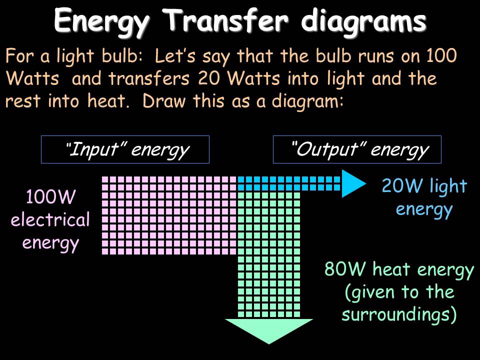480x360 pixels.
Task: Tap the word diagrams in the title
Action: click(x=364, y=20)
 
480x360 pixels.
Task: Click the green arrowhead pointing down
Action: click(x=268, y=330)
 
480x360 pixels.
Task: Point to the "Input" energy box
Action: click(x=125, y=149)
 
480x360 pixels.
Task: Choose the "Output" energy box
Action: click(x=357, y=149)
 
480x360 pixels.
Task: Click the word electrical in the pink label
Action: click(x=50, y=220)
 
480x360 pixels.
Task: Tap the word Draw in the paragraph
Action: click(x=160, y=101)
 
